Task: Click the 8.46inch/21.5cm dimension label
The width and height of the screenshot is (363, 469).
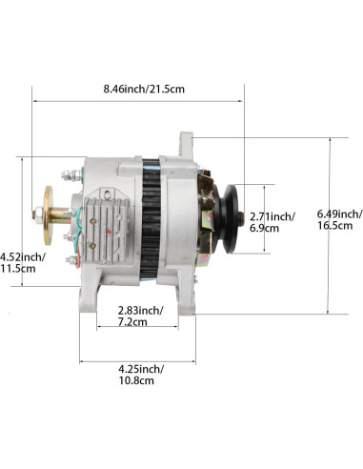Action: [144, 89]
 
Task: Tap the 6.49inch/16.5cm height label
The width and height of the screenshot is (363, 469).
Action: [339, 219]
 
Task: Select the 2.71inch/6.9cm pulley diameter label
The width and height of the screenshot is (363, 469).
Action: [272, 222]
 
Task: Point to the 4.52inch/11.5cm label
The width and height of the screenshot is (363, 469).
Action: [22, 262]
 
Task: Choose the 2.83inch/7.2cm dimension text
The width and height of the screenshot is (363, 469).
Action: [141, 316]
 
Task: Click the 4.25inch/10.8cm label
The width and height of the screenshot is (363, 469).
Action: [141, 375]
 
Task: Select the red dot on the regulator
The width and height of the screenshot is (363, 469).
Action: [110, 231]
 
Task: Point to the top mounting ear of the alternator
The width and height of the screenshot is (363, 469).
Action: [186, 145]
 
